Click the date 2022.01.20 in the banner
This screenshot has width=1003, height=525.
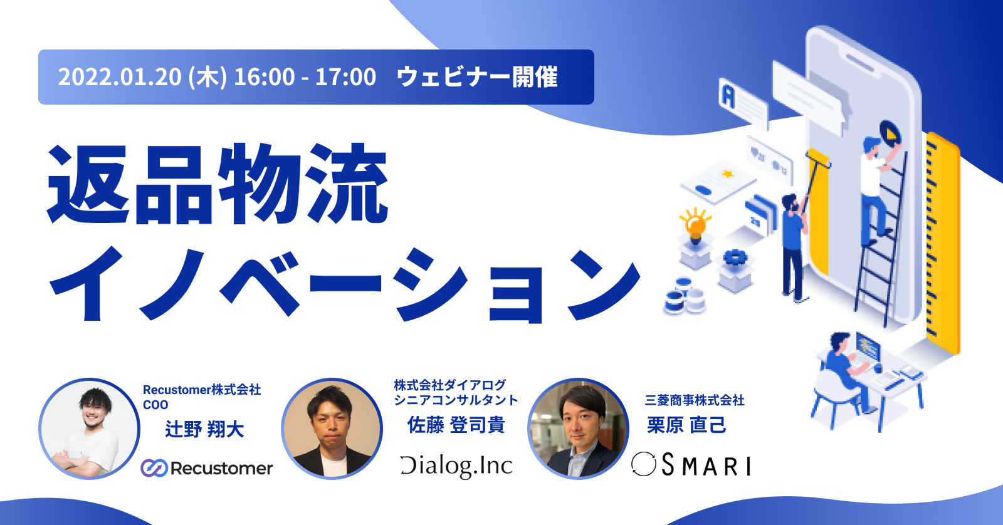pyautogui.click(x=120, y=77)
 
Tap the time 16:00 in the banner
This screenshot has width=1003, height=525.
pyautogui.click(x=264, y=77)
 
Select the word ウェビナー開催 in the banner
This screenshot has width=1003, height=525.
pyautogui.click(x=477, y=77)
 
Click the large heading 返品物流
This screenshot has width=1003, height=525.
pyautogui.click(x=218, y=184)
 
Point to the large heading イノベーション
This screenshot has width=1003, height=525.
pyautogui.click(x=345, y=285)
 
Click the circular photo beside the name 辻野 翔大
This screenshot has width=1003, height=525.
pyautogui.click(x=90, y=429)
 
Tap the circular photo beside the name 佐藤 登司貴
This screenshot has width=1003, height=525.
pyautogui.click(x=332, y=429)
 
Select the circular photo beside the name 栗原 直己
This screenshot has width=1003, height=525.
pyautogui.click(x=578, y=429)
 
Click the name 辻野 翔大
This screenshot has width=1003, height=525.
pyautogui.click(x=204, y=429)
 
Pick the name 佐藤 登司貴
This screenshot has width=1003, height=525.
pyautogui.click(x=456, y=425)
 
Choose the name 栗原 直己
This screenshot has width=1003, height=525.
pyautogui.click(x=686, y=425)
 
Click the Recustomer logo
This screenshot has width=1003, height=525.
pyautogui.click(x=206, y=468)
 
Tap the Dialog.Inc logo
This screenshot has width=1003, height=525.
pyautogui.click(x=456, y=466)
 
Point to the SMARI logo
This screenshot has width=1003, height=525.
pyautogui.click(x=691, y=465)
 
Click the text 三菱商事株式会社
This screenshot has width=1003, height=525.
pyautogui.click(x=695, y=400)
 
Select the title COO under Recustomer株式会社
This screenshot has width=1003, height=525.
pyautogui.click(x=155, y=405)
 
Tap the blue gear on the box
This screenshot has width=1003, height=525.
pyautogui.click(x=735, y=257)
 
